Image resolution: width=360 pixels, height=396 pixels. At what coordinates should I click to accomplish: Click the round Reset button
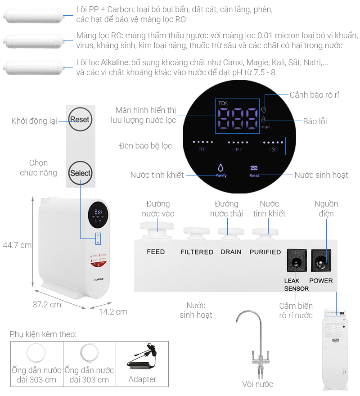(x=80, y=120)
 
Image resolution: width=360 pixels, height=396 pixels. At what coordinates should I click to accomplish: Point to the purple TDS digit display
(x=236, y=119)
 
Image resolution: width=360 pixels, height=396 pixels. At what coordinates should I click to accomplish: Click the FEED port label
(x=156, y=252)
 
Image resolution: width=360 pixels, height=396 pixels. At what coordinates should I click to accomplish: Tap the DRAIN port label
(x=231, y=252)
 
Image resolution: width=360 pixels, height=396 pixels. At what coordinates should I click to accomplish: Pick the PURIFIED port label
(x=265, y=252)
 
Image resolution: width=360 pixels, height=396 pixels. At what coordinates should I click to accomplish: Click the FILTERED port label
(x=197, y=252)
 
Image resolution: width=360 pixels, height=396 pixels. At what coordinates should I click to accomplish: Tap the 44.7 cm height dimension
(x=17, y=245)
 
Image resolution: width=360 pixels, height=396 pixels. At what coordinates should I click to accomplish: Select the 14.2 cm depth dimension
(x=113, y=311)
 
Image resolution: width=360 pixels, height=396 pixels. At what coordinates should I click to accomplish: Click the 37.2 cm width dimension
(x=47, y=305)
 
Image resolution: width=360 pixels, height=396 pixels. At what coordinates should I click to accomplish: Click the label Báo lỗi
(x=315, y=121)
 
